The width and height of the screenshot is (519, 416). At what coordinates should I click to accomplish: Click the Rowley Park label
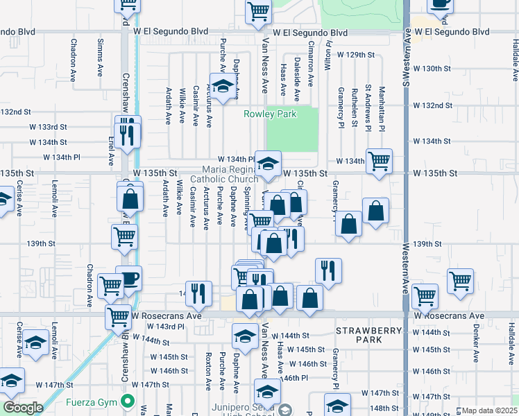[x=270, y=114]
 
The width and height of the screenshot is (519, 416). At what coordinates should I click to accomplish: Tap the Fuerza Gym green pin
[x=127, y=401]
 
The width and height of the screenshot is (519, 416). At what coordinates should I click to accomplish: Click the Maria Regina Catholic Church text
[x=230, y=174]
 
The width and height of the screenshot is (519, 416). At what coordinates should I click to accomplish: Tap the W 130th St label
[x=432, y=69]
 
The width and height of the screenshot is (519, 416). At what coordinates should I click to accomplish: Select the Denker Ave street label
[x=476, y=346]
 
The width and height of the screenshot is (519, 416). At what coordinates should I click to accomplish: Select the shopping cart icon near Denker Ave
[x=459, y=281]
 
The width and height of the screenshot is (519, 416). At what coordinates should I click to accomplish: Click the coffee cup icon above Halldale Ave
[x=439, y=4]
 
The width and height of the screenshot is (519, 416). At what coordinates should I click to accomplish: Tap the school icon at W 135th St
[x=268, y=164]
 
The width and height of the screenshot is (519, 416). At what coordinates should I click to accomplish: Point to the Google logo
[x=23, y=407]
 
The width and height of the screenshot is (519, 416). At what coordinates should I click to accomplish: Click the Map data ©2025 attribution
[x=490, y=410]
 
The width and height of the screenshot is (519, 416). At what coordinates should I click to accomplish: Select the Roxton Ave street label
[x=207, y=371]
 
